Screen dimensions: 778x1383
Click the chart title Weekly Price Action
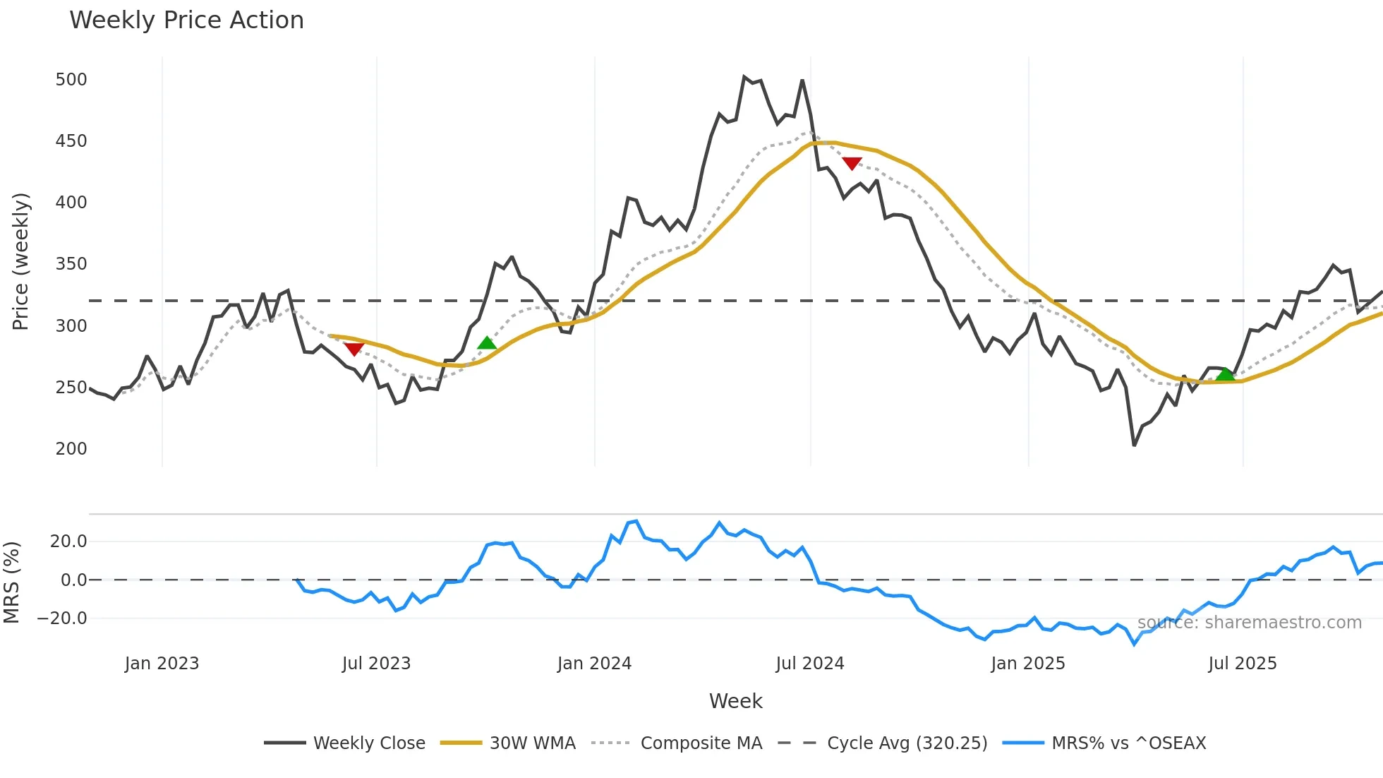point(186,20)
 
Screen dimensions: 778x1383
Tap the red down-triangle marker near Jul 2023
point(354,349)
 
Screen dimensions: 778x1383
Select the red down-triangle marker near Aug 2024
point(852,164)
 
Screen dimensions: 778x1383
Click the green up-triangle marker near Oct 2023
point(487,344)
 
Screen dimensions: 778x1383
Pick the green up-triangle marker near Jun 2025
point(1226,374)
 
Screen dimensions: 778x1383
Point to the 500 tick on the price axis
point(71,80)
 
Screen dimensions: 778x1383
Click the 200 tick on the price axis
point(71,449)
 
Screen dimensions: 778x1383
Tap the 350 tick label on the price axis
point(71,264)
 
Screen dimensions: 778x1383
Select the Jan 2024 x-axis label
point(594,664)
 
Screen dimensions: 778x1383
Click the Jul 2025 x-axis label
point(1242,664)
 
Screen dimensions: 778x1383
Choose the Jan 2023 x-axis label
point(162,664)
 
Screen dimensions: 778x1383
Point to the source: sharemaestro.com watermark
point(1249,623)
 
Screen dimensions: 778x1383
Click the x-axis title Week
point(735,701)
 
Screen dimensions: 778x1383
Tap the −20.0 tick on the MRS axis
point(61,618)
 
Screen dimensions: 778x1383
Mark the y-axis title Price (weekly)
point(21,261)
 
